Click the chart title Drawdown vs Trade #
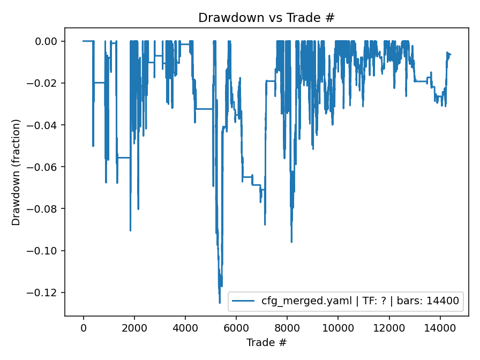click(266, 18)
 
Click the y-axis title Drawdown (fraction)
click(16, 172)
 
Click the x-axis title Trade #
click(266, 342)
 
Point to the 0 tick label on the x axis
click(84, 327)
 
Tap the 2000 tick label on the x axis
click(134, 327)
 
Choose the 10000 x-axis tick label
click(338, 327)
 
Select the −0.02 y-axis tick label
click(47, 83)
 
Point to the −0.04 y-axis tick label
click(47, 125)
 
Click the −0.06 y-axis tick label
click(47, 167)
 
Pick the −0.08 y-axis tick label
click(47, 208)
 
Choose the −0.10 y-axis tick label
click(47, 251)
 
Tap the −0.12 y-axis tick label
click(47, 292)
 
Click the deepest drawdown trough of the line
click(220, 303)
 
